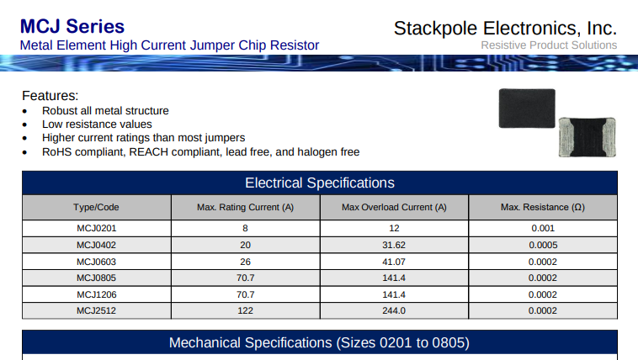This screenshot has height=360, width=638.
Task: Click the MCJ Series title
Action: pyautogui.click(x=72, y=26)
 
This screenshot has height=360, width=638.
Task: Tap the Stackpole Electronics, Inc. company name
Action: pyautogui.click(x=505, y=29)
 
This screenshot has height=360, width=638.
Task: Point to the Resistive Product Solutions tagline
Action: pyautogui.click(x=549, y=45)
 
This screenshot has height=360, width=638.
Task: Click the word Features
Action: pyautogui.click(x=49, y=96)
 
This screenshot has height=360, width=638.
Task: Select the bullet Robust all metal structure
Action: pyautogui.click(x=105, y=111)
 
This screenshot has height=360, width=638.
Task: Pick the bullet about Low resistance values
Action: pyautogui.click(x=97, y=124)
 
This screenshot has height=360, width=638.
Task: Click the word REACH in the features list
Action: pyautogui.click(x=148, y=152)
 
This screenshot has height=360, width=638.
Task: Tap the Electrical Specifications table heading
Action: pyautogui.click(x=320, y=183)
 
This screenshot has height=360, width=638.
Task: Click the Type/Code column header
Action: pyautogui.click(x=96, y=208)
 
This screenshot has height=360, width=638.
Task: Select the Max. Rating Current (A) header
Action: pyautogui.click(x=246, y=208)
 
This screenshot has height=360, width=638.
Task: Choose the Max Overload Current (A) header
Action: pyautogui.click(x=394, y=208)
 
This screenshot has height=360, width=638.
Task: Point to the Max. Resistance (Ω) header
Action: pyautogui.click(x=543, y=208)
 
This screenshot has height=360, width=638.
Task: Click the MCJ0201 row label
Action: pyautogui.click(x=97, y=229)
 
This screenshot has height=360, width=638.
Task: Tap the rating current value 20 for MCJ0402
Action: pyautogui.click(x=246, y=246)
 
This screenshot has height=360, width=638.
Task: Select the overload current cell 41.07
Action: pyautogui.click(x=394, y=262)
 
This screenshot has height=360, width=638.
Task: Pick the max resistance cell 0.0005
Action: pyautogui.click(x=543, y=246)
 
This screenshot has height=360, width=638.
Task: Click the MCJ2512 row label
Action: pyautogui.click(x=97, y=310)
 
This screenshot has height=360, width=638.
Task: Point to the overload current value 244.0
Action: pyautogui.click(x=394, y=310)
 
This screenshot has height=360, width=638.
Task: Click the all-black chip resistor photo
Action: pyautogui.click(x=527, y=109)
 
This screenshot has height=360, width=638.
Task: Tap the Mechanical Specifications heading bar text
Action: pyautogui.click(x=319, y=343)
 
